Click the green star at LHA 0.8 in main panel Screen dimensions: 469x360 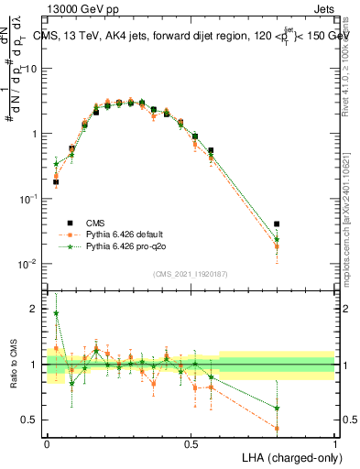pos(277,239)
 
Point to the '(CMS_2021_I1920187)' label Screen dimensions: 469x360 pos(191,273)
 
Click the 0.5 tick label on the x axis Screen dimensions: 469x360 pos(191,443)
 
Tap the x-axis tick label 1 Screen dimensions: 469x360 pos(335,443)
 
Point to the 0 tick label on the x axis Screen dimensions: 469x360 pos(47,443)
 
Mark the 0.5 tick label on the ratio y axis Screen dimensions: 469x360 pos(31,420)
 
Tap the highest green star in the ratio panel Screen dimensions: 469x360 pos(56,313)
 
